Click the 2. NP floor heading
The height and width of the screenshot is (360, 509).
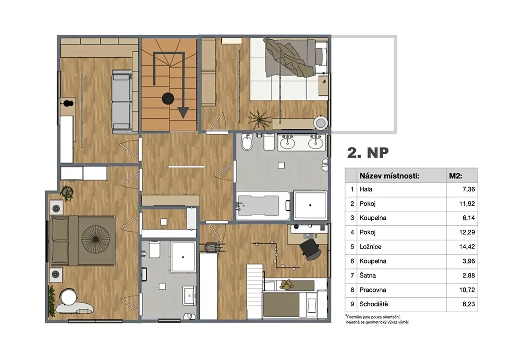click(x=368, y=153)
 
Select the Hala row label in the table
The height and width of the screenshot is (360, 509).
click(x=366, y=189)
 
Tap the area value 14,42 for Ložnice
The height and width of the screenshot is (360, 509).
click(x=467, y=247)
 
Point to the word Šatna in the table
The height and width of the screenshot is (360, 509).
click(x=367, y=275)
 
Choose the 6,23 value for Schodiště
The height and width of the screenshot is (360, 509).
click(x=468, y=304)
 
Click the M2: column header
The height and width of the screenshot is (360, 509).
click(x=455, y=176)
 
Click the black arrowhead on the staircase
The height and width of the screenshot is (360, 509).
click(x=183, y=113)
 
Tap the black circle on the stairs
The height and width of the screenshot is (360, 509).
click(x=168, y=98)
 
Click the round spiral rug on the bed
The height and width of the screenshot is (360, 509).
click(x=96, y=239)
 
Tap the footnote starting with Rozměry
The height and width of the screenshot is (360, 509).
click(x=377, y=319)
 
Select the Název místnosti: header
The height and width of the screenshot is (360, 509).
click(x=389, y=176)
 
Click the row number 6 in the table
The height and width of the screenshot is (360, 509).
click(x=352, y=262)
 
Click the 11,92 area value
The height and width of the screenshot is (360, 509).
click(x=467, y=204)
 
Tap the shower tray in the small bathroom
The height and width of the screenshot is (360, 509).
click(x=183, y=257)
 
